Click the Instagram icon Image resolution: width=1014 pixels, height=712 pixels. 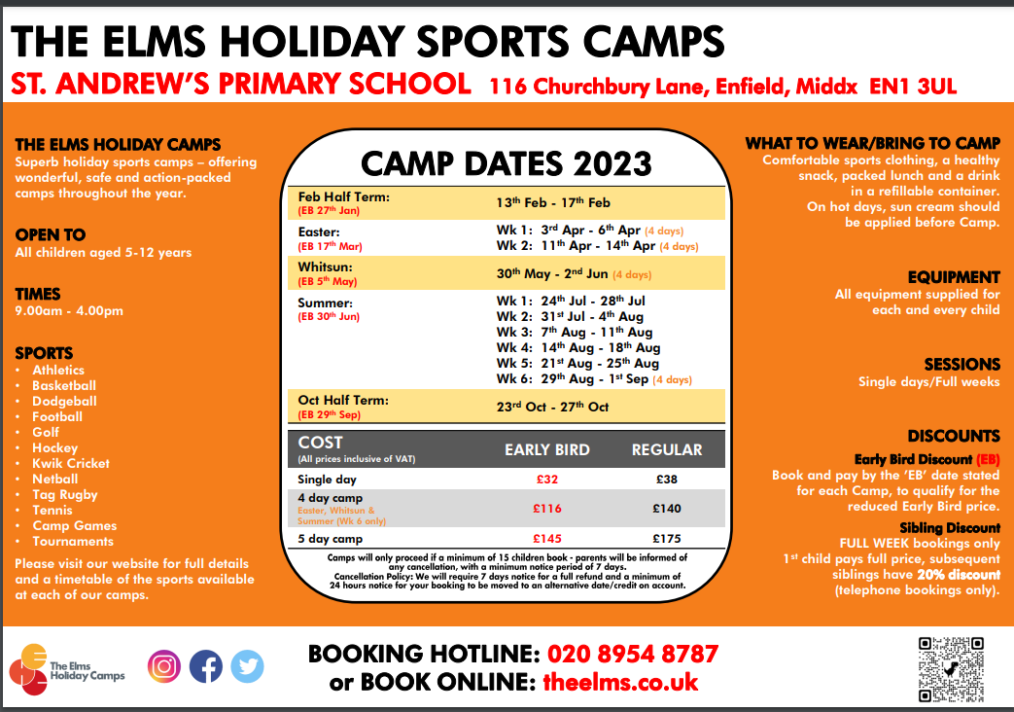(164, 666)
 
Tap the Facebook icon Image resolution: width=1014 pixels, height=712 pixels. (206, 666)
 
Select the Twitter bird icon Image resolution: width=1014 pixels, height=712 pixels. (247, 666)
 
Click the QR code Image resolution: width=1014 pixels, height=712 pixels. (951, 670)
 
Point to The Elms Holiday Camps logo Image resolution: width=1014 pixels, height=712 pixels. (67, 670)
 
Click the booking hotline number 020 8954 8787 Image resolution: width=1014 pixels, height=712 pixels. (633, 654)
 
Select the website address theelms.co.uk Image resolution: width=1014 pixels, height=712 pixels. (620, 682)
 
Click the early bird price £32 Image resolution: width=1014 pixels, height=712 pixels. (547, 479)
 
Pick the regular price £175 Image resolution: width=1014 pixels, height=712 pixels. (667, 539)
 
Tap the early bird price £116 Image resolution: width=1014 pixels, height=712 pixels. (547, 509)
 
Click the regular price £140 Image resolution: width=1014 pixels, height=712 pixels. (667, 509)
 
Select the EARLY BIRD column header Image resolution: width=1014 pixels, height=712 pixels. (547, 449)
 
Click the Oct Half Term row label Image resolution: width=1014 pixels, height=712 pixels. (343, 401)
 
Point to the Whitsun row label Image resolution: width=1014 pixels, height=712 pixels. (326, 267)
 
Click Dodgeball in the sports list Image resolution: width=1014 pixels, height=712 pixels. (65, 402)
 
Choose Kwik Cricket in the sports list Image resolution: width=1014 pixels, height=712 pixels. (71, 463)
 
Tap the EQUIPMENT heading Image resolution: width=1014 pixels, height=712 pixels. (954, 277)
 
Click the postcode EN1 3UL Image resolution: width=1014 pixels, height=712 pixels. (913, 87)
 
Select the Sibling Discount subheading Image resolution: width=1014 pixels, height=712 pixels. (949, 527)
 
